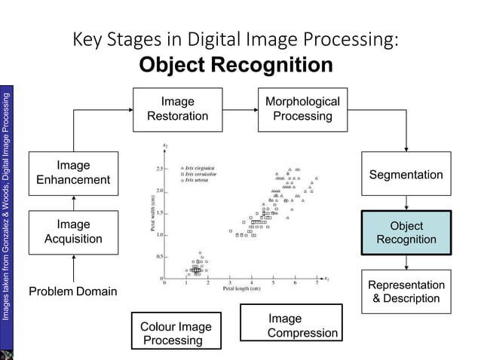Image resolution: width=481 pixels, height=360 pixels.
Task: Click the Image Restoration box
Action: click(x=178, y=109)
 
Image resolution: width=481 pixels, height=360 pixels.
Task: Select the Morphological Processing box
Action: click(x=302, y=109)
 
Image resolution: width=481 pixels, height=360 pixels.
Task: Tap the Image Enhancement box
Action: click(x=73, y=172)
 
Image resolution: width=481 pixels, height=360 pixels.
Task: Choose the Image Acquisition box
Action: click(x=73, y=232)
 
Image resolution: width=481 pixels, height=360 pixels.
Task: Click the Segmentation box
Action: click(x=406, y=175)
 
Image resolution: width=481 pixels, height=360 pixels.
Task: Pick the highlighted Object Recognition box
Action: click(x=406, y=233)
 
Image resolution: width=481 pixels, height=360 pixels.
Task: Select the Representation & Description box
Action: click(x=406, y=291)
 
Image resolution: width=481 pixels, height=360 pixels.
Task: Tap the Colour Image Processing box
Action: click(x=176, y=333)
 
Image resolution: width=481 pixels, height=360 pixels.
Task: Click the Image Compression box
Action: click(x=292, y=326)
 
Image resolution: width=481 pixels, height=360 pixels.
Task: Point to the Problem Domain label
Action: click(x=73, y=291)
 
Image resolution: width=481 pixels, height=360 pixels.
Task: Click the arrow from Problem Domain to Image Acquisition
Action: click(x=73, y=268)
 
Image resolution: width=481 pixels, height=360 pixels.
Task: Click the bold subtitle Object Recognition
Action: click(x=236, y=66)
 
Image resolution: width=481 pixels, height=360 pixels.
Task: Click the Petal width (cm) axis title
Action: click(x=154, y=215)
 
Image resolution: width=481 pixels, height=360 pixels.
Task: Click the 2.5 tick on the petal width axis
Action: click(x=161, y=168)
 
